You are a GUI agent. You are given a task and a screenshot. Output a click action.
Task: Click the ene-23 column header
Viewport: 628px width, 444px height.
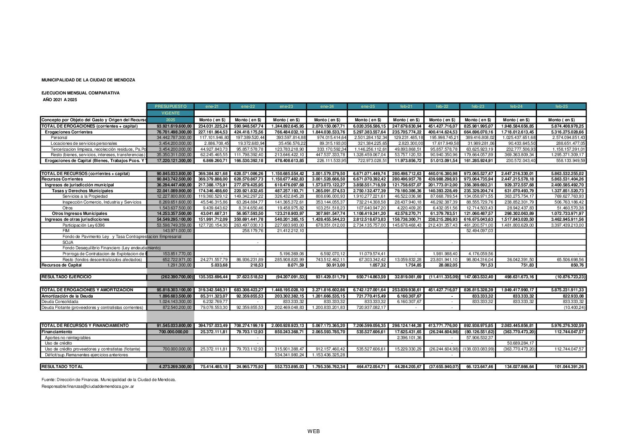[x=286, y=107]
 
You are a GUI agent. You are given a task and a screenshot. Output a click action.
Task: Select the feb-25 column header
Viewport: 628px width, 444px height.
[x=561, y=107]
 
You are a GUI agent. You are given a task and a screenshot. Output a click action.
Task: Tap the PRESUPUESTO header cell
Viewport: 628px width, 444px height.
[x=170, y=107]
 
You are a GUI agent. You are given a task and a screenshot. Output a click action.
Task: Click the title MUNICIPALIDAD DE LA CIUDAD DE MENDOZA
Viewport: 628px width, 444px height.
[x=88, y=80]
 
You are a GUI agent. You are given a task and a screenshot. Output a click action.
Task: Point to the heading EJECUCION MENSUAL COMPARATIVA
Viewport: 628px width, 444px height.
[x=81, y=93]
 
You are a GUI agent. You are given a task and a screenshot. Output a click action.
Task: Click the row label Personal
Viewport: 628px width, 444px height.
[x=59, y=138]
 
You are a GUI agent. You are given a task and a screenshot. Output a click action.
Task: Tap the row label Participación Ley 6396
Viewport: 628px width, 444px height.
[x=84, y=225]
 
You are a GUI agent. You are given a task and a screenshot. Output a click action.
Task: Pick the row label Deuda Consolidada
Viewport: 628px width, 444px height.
[x=60, y=302]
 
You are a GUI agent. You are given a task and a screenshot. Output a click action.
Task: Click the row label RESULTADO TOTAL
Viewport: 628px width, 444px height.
[x=62, y=367]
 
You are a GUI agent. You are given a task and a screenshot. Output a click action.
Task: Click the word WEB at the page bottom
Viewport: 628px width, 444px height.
[x=313, y=431]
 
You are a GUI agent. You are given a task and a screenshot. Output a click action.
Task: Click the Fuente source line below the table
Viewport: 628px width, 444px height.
[x=109, y=380]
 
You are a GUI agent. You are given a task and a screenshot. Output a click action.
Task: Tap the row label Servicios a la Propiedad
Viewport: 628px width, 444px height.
[x=85, y=196]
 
